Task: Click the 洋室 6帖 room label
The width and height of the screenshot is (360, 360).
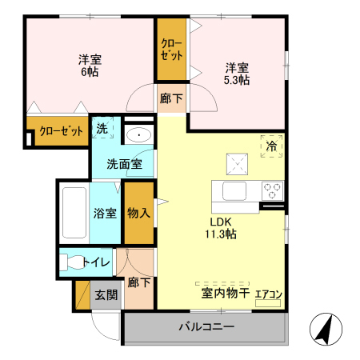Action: (x=90, y=66)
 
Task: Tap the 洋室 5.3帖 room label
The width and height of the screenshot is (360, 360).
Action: (x=236, y=74)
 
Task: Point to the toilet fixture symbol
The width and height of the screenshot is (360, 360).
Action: (x=73, y=262)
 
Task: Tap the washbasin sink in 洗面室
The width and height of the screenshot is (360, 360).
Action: (x=140, y=135)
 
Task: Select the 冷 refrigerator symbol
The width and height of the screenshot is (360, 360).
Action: (x=272, y=146)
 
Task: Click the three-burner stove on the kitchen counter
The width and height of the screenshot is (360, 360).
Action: (x=273, y=191)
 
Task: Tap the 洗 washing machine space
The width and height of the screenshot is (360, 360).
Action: (x=102, y=128)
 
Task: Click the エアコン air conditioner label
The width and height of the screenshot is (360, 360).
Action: (x=268, y=294)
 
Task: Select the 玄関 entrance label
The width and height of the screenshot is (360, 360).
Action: (x=106, y=294)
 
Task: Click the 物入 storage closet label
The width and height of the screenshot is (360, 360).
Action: (x=138, y=213)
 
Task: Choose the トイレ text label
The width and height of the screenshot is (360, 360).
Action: (x=98, y=262)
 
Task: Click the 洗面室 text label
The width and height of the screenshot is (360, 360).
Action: (x=126, y=165)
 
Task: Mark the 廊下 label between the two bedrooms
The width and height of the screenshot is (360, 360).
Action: (x=170, y=98)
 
